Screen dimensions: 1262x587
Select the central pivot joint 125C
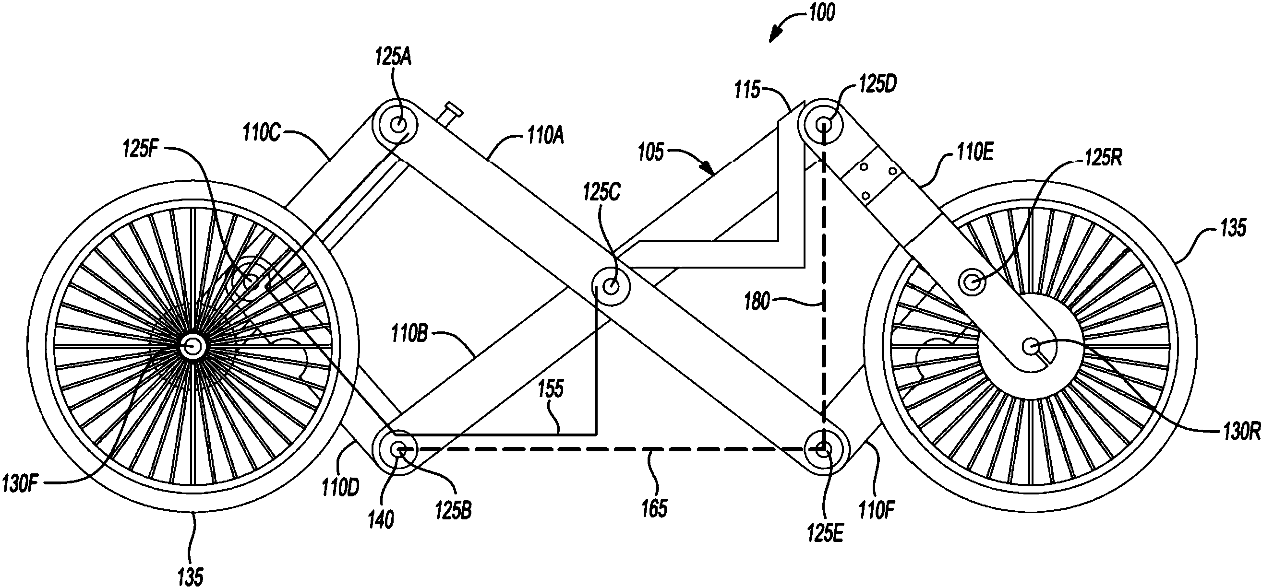pos(612,285)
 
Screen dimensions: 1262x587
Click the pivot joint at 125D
pos(823,123)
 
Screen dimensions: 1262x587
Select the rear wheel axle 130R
pos(1031,347)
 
